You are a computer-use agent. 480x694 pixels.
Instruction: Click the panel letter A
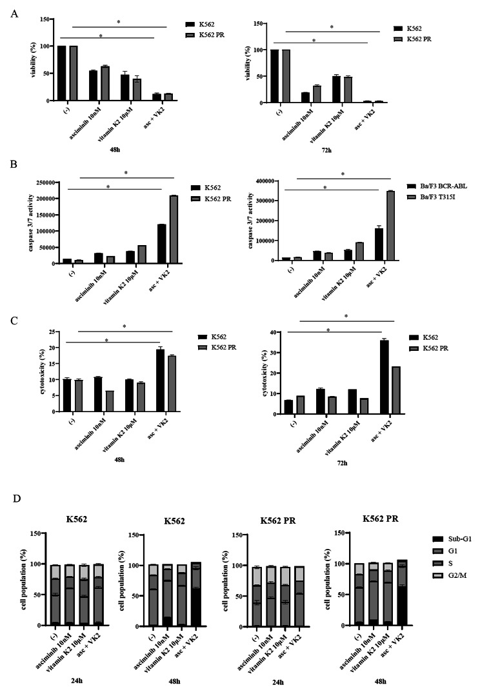click(15, 12)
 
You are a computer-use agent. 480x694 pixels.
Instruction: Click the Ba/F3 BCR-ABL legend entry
click(445, 186)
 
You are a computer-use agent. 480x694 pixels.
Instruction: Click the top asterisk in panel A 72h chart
click(332, 27)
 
